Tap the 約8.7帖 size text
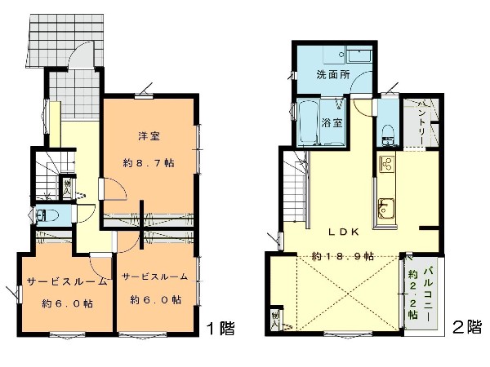[149, 163]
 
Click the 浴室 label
[332, 124]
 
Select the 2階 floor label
[468, 327]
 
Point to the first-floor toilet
[48, 215]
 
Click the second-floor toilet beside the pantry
[386, 132]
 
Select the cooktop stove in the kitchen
[386, 166]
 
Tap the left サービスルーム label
[68, 282]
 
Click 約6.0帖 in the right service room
[155, 299]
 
